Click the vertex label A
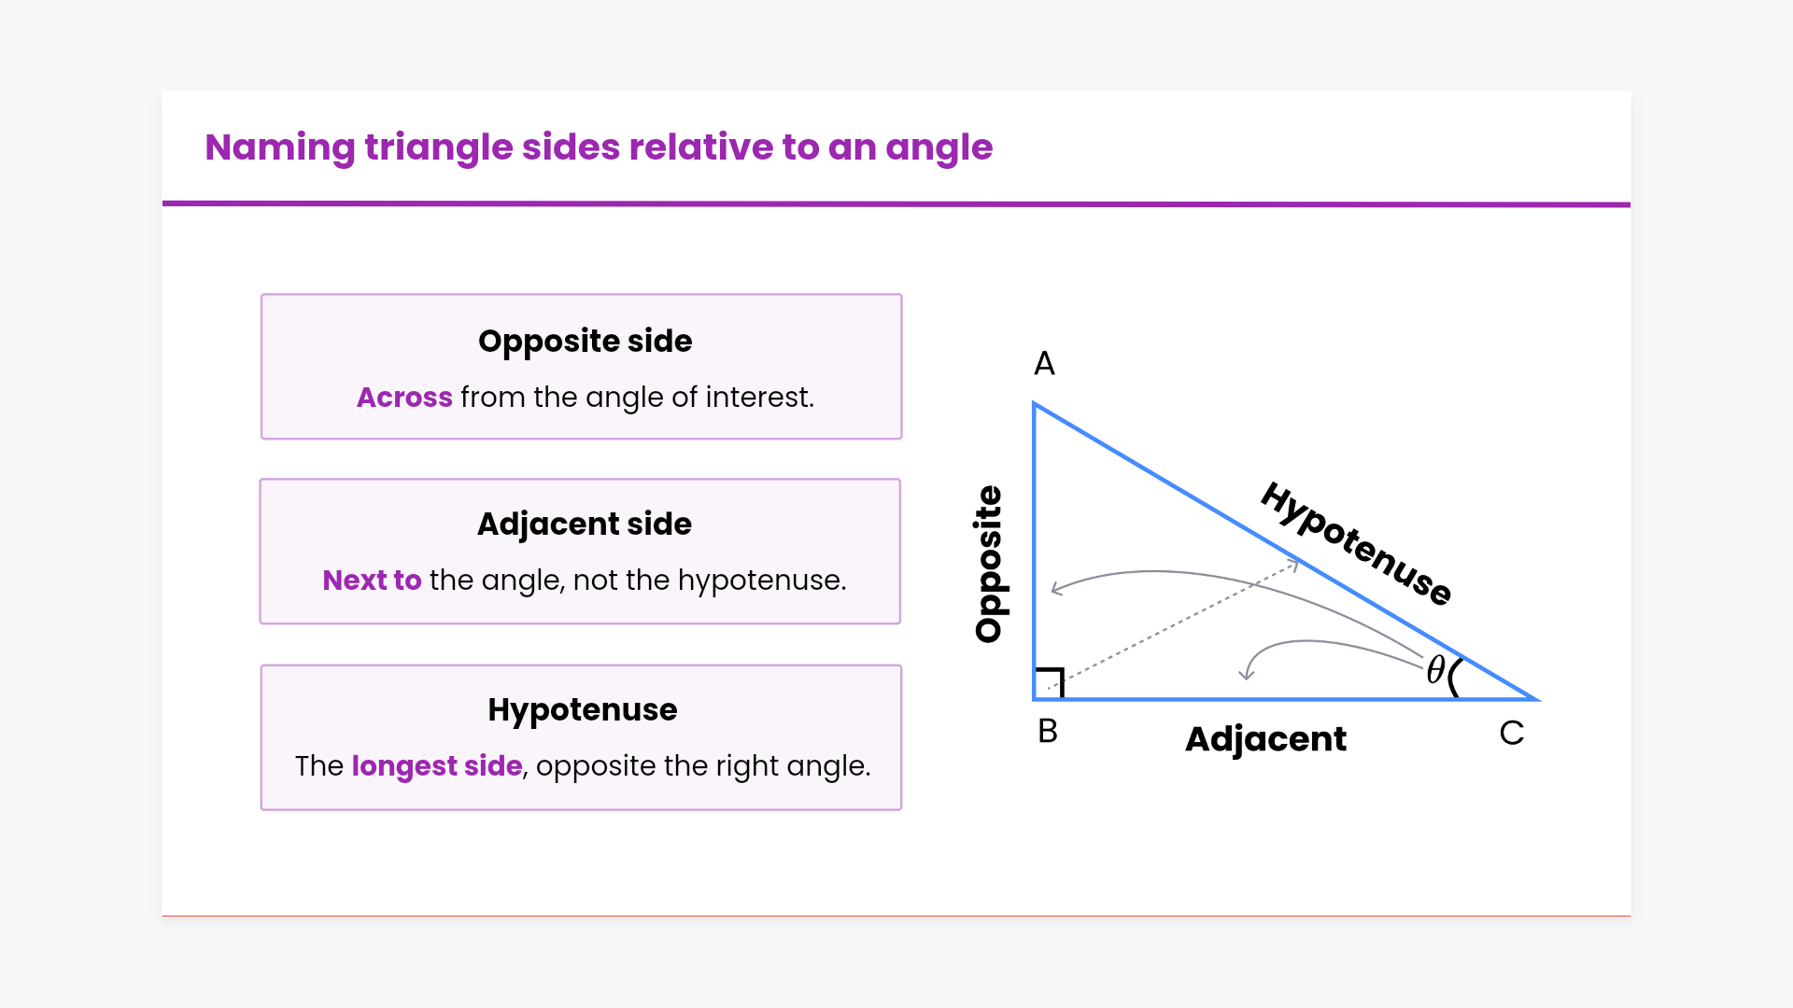(1044, 363)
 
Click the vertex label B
(1048, 731)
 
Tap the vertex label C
(1512, 733)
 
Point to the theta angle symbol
(1436, 669)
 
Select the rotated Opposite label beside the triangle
(988, 564)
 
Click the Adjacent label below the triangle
(1265, 739)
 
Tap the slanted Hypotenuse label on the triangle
(1356, 543)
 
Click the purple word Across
(404, 397)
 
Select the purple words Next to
(372, 580)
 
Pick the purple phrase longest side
(437, 765)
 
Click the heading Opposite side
(586, 342)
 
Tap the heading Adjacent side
(585, 525)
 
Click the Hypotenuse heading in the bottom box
(583, 710)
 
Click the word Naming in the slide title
(279, 148)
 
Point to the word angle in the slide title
(939, 148)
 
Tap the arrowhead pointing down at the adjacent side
(1246, 674)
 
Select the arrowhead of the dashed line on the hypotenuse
(1293, 563)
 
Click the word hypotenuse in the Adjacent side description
(762, 581)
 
